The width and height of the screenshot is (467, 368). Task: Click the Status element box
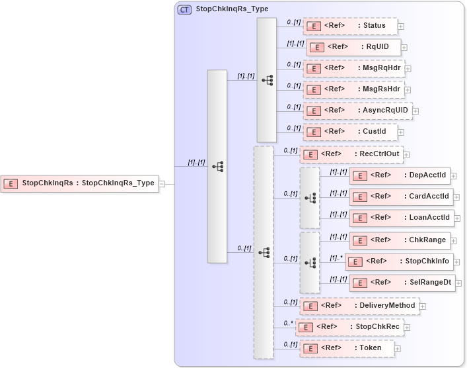350,26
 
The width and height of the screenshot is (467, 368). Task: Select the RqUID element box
353,47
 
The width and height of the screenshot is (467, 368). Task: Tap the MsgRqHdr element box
353,68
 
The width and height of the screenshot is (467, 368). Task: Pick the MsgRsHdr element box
353,89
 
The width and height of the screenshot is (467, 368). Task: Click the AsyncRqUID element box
357,111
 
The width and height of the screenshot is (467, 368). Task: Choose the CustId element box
350,132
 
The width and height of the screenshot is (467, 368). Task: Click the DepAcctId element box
400,175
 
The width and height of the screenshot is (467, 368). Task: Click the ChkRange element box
400,240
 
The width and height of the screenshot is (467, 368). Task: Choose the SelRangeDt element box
402,283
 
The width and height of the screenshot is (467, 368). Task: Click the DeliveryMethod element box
359,306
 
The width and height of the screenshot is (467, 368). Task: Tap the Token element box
350,348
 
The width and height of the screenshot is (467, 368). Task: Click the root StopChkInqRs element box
80,183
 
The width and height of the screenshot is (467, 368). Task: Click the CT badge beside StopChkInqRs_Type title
184,10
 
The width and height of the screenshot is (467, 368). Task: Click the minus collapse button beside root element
162,184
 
